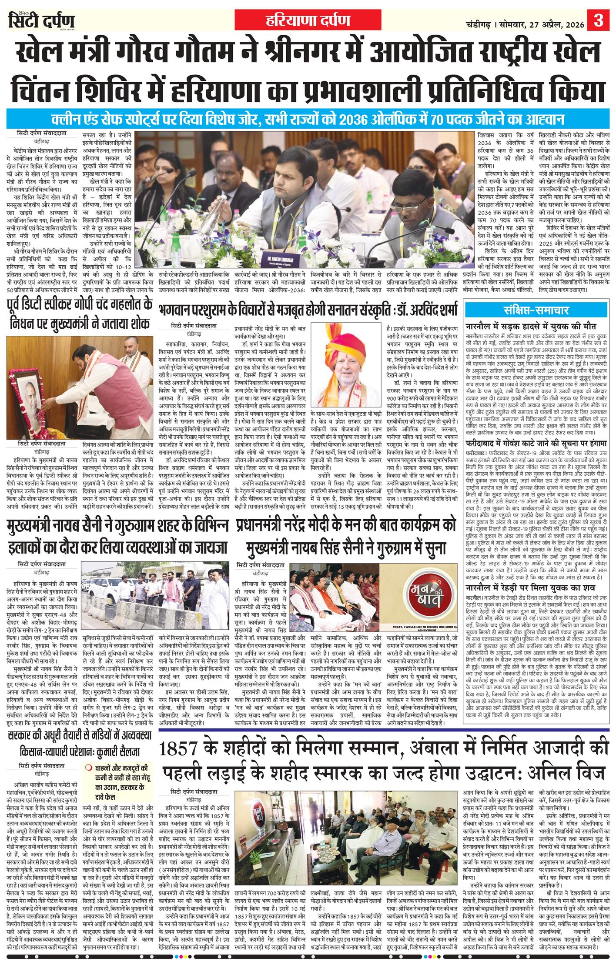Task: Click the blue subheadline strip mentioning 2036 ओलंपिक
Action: pyautogui.click(x=308, y=119)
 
